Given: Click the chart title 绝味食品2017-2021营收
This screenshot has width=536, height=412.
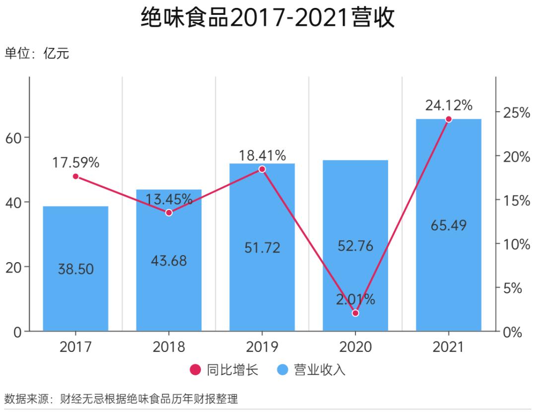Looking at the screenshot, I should click(x=268, y=18).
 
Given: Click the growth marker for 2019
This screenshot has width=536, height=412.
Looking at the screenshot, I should click(x=262, y=169).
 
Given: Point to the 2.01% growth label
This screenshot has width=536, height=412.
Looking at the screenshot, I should click(x=355, y=299).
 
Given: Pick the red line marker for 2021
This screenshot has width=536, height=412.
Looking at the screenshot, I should click(x=449, y=119).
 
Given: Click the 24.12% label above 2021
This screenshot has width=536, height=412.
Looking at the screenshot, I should click(x=449, y=105).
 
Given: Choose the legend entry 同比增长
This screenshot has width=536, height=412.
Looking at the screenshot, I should click(x=224, y=370).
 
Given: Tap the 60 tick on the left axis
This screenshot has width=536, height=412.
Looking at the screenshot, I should click(x=14, y=137).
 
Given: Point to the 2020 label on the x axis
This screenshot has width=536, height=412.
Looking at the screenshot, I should click(x=355, y=346).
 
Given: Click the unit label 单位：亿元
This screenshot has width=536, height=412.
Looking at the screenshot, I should click(x=37, y=54).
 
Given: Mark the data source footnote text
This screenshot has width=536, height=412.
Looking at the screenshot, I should click(x=122, y=399).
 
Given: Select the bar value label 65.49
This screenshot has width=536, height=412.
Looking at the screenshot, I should click(x=449, y=225).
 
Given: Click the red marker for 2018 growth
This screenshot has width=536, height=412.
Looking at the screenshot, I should click(x=169, y=212).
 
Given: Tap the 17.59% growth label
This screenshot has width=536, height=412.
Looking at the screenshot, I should click(x=76, y=162).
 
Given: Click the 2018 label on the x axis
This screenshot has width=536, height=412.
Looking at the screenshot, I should click(x=169, y=346).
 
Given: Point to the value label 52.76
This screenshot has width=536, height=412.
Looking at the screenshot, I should click(x=355, y=246).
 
